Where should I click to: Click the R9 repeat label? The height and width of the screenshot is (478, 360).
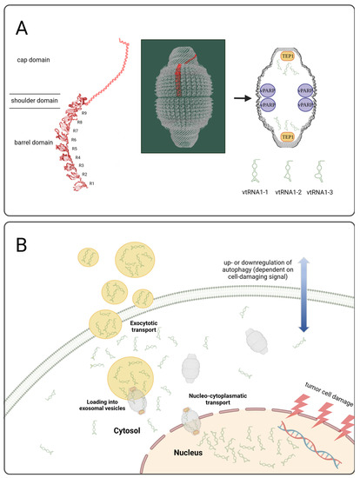coord(83,114)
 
